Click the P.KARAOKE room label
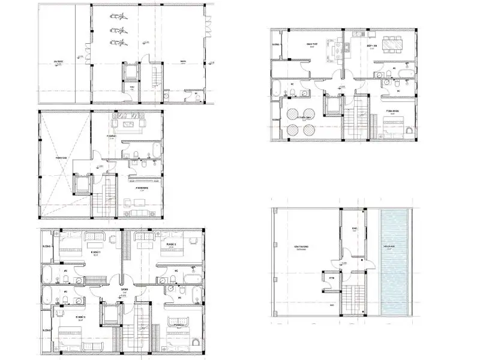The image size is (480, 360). pyautogui.click(x=142, y=188)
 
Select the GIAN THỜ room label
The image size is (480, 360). pyautogui.click(x=311, y=44)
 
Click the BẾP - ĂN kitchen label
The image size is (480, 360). pyautogui.click(x=371, y=45)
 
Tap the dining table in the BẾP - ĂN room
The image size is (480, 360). pyautogui.click(x=394, y=43)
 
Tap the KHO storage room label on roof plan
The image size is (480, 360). pyautogui.click(x=354, y=229)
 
